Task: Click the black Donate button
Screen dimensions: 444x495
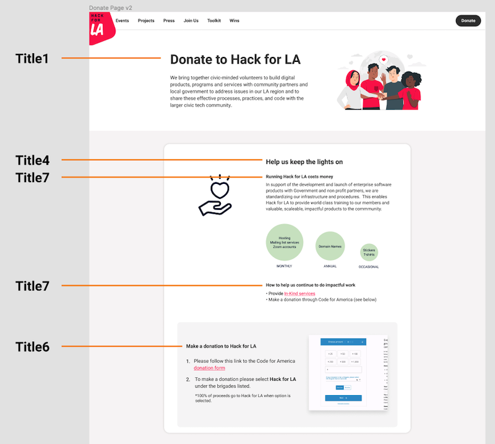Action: tap(468, 20)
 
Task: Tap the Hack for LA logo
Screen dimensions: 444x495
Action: tap(100, 28)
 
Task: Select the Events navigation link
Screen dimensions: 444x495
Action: tap(122, 20)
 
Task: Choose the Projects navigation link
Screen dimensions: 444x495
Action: tap(146, 20)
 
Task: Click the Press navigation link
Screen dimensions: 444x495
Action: tap(169, 20)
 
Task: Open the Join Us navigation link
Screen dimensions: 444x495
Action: tap(191, 20)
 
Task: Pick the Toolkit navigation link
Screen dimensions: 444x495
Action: tap(214, 20)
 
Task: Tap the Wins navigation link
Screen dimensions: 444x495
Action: tap(235, 20)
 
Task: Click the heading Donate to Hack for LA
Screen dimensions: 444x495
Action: tap(235, 59)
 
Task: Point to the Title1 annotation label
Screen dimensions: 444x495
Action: tap(32, 59)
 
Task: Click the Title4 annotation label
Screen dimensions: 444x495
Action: tap(32, 160)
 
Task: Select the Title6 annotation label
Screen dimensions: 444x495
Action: tap(32, 347)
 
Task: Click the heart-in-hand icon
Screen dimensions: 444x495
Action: tap(215, 196)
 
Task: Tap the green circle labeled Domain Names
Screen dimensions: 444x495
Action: tap(330, 246)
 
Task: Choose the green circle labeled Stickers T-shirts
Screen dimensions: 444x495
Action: tap(369, 253)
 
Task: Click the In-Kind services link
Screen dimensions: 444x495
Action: tap(299, 294)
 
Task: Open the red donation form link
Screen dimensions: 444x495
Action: tap(209, 368)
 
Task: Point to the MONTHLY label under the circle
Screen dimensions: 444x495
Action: tap(284, 266)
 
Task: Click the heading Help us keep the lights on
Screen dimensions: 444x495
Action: tap(304, 162)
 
